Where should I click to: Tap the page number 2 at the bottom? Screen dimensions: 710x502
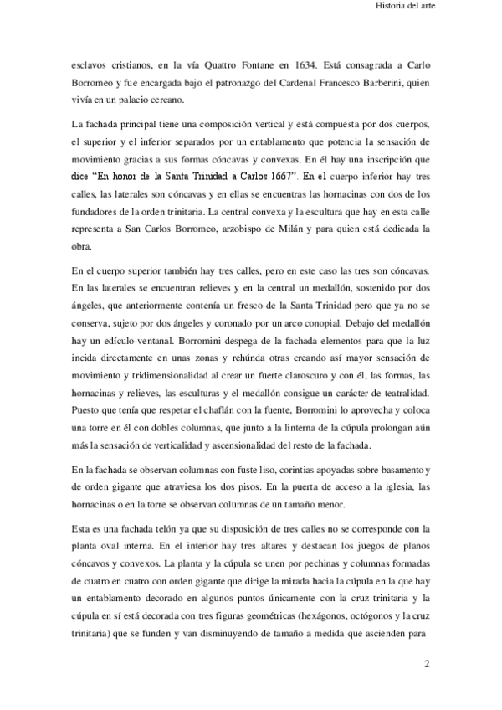tap(427, 666)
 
